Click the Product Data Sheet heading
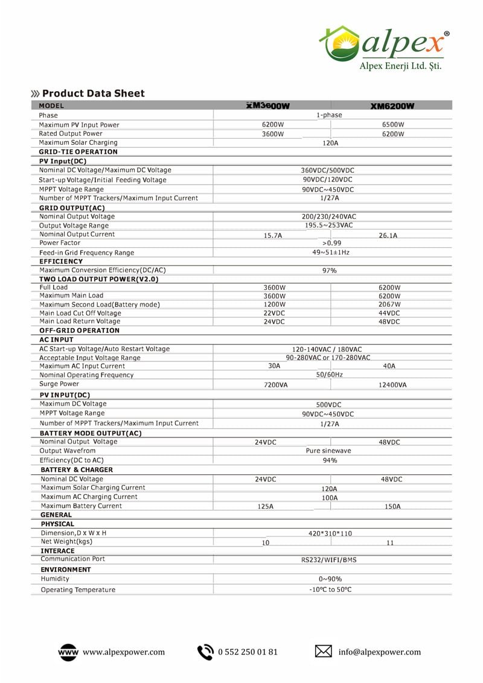[x=93, y=93]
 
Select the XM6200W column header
[x=392, y=106]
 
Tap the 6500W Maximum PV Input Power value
[x=392, y=125]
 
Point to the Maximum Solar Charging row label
[x=78, y=142]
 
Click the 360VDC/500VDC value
[x=328, y=170]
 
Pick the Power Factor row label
[x=60, y=243]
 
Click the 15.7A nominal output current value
[x=273, y=235]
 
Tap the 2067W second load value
[x=389, y=305]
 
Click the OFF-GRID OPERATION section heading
[x=79, y=331]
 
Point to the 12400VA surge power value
[x=392, y=385]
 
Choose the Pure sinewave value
[x=328, y=451]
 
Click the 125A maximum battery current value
[x=265, y=507]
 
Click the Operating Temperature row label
[x=78, y=589]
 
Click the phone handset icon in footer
[x=206, y=652]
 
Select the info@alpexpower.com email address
[x=379, y=652]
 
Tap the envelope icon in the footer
[x=324, y=652]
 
